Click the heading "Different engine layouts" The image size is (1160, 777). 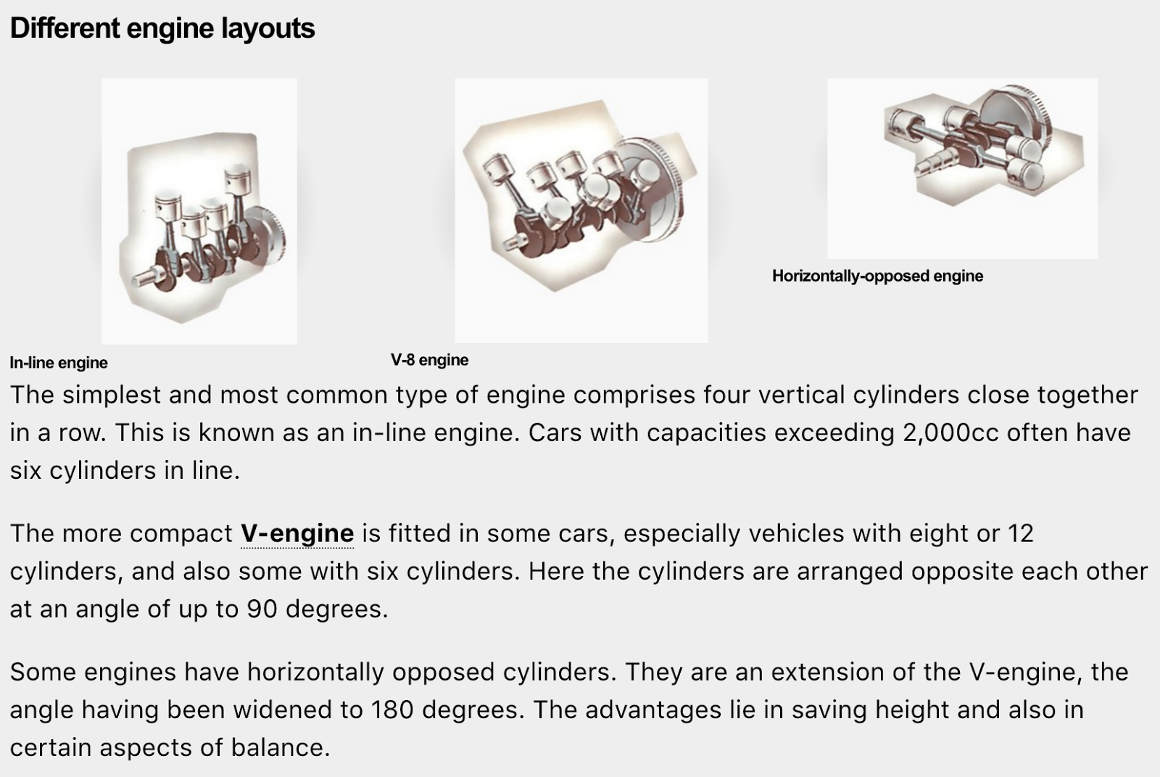click(162, 28)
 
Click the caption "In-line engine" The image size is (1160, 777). click(59, 363)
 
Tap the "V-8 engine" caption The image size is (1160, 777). click(429, 360)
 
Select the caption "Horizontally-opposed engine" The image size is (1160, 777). click(877, 276)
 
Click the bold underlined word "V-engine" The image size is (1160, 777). click(297, 533)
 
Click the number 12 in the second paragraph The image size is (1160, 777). click(1020, 533)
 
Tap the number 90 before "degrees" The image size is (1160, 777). click(262, 609)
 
